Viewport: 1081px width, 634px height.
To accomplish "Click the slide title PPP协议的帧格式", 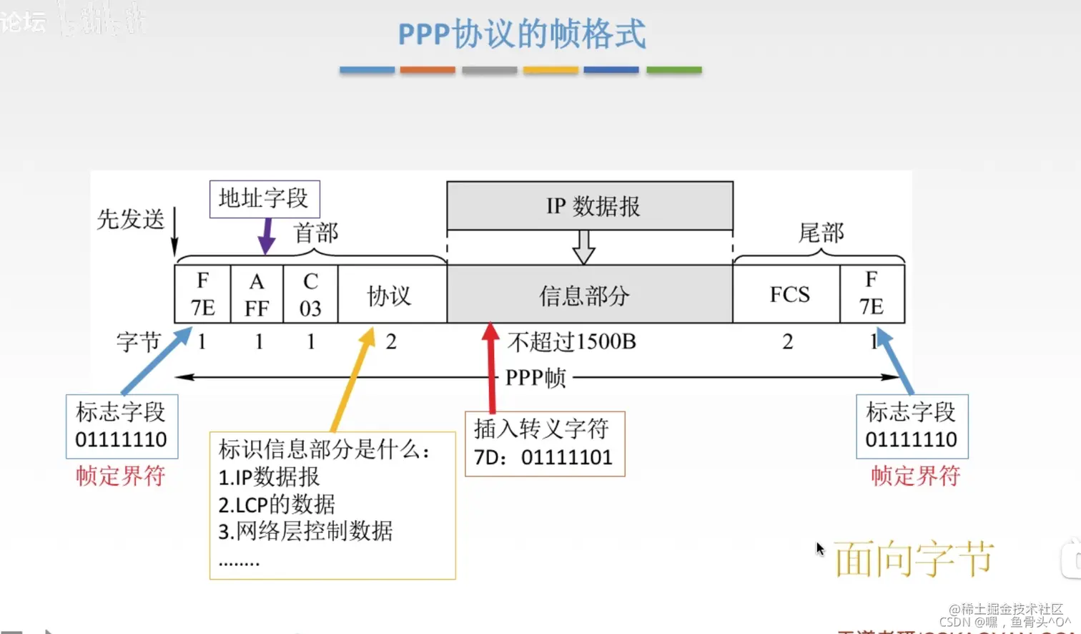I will tap(521, 34).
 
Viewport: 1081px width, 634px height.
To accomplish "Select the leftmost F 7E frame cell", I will tap(202, 294).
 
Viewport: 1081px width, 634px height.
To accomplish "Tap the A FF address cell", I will tap(257, 294).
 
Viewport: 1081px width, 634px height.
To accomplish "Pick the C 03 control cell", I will tap(310, 294).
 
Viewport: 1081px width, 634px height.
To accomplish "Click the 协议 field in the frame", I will tap(390, 295).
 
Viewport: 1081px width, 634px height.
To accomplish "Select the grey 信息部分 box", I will tap(585, 295).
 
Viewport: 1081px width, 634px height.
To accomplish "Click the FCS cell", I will tap(789, 294).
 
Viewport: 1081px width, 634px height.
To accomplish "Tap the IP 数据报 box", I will tap(591, 206).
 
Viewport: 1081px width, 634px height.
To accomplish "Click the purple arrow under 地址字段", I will tap(266, 236).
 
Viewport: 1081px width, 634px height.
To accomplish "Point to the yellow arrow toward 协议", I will tap(352, 379).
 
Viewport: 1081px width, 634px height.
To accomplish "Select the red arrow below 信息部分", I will tap(490, 365).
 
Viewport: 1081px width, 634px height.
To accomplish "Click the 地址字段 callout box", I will tap(264, 198).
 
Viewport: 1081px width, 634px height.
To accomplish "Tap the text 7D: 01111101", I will tap(543, 457).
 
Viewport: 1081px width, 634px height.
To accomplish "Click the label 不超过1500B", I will tap(572, 342).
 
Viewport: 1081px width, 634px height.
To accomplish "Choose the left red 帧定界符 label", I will tap(121, 476).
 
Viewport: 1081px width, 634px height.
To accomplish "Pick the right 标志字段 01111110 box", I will tap(912, 426).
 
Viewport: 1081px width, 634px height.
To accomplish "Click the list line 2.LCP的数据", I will tap(277, 504).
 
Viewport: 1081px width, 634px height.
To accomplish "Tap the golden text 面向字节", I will tap(914, 559).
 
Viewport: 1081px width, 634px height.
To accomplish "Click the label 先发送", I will tap(131, 219).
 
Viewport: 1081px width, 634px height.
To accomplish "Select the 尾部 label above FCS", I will tap(821, 233).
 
